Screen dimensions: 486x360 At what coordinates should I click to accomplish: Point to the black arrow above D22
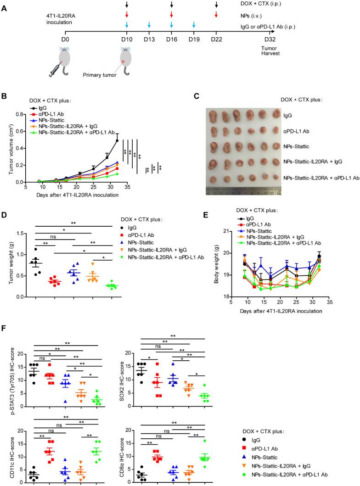216,5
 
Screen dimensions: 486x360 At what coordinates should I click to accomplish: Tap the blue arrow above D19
194,25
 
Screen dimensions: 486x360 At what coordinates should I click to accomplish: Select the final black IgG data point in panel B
117,140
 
